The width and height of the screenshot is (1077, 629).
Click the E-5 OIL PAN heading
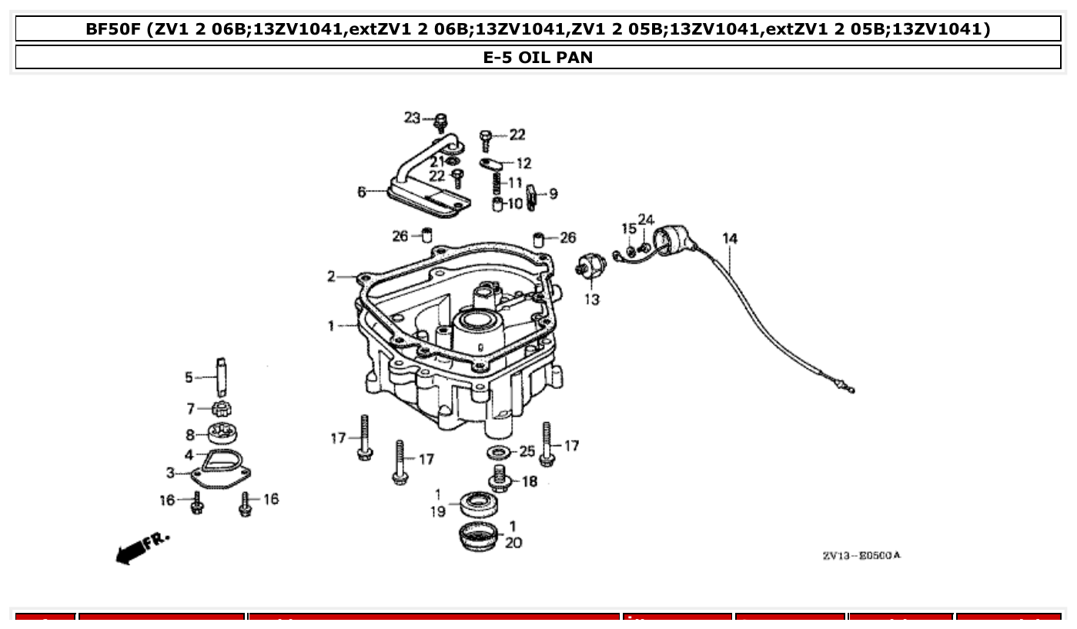pyautogui.click(x=537, y=58)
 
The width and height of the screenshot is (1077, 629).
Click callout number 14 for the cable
pyautogui.click(x=730, y=238)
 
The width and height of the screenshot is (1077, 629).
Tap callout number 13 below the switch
pyautogui.click(x=591, y=300)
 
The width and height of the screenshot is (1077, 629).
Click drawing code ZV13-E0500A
pyautogui.click(x=861, y=555)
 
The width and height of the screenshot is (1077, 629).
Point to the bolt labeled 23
pyautogui.click(x=441, y=121)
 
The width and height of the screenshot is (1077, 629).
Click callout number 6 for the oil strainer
pyautogui.click(x=362, y=191)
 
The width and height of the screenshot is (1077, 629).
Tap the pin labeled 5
pyautogui.click(x=222, y=374)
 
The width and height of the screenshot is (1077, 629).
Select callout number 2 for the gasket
pyautogui.click(x=331, y=276)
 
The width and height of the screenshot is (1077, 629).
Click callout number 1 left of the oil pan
pyautogui.click(x=331, y=326)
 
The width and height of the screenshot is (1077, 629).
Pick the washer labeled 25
pyautogui.click(x=498, y=451)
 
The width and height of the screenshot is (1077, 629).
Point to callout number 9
pyautogui.click(x=554, y=193)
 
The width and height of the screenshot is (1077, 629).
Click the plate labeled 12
pyautogui.click(x=490, y=163)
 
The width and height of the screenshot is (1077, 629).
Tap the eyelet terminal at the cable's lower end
pyautogui.click(x=849, y=390)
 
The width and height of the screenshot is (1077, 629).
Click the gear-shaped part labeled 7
pyautogui.click(x=222, y=408)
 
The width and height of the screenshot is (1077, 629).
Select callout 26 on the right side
pyautogui.click(x=567, y=238)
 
